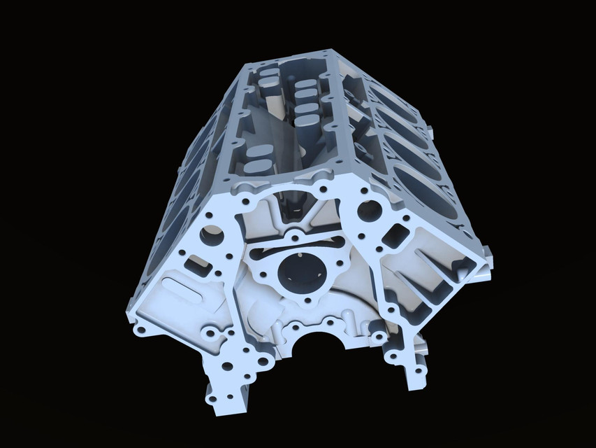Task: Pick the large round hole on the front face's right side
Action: click(371, 209)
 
